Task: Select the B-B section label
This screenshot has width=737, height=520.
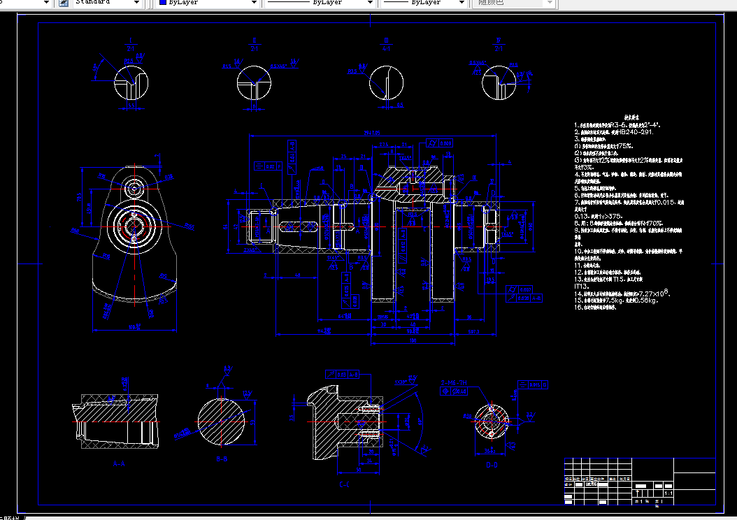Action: [x=223, y=459]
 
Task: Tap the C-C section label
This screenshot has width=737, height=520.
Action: [x=344, y=484]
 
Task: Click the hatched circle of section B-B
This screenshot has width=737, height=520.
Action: [x=222, y=421]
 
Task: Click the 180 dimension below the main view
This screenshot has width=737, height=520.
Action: [x=415, y=341]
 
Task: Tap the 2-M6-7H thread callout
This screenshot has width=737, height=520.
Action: [x=455, y=382]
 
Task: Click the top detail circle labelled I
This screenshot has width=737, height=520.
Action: [x=131, y=85]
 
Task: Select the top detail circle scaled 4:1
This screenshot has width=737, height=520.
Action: [x=387, y=83]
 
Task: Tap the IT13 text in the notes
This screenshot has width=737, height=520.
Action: [x=582, y=287]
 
